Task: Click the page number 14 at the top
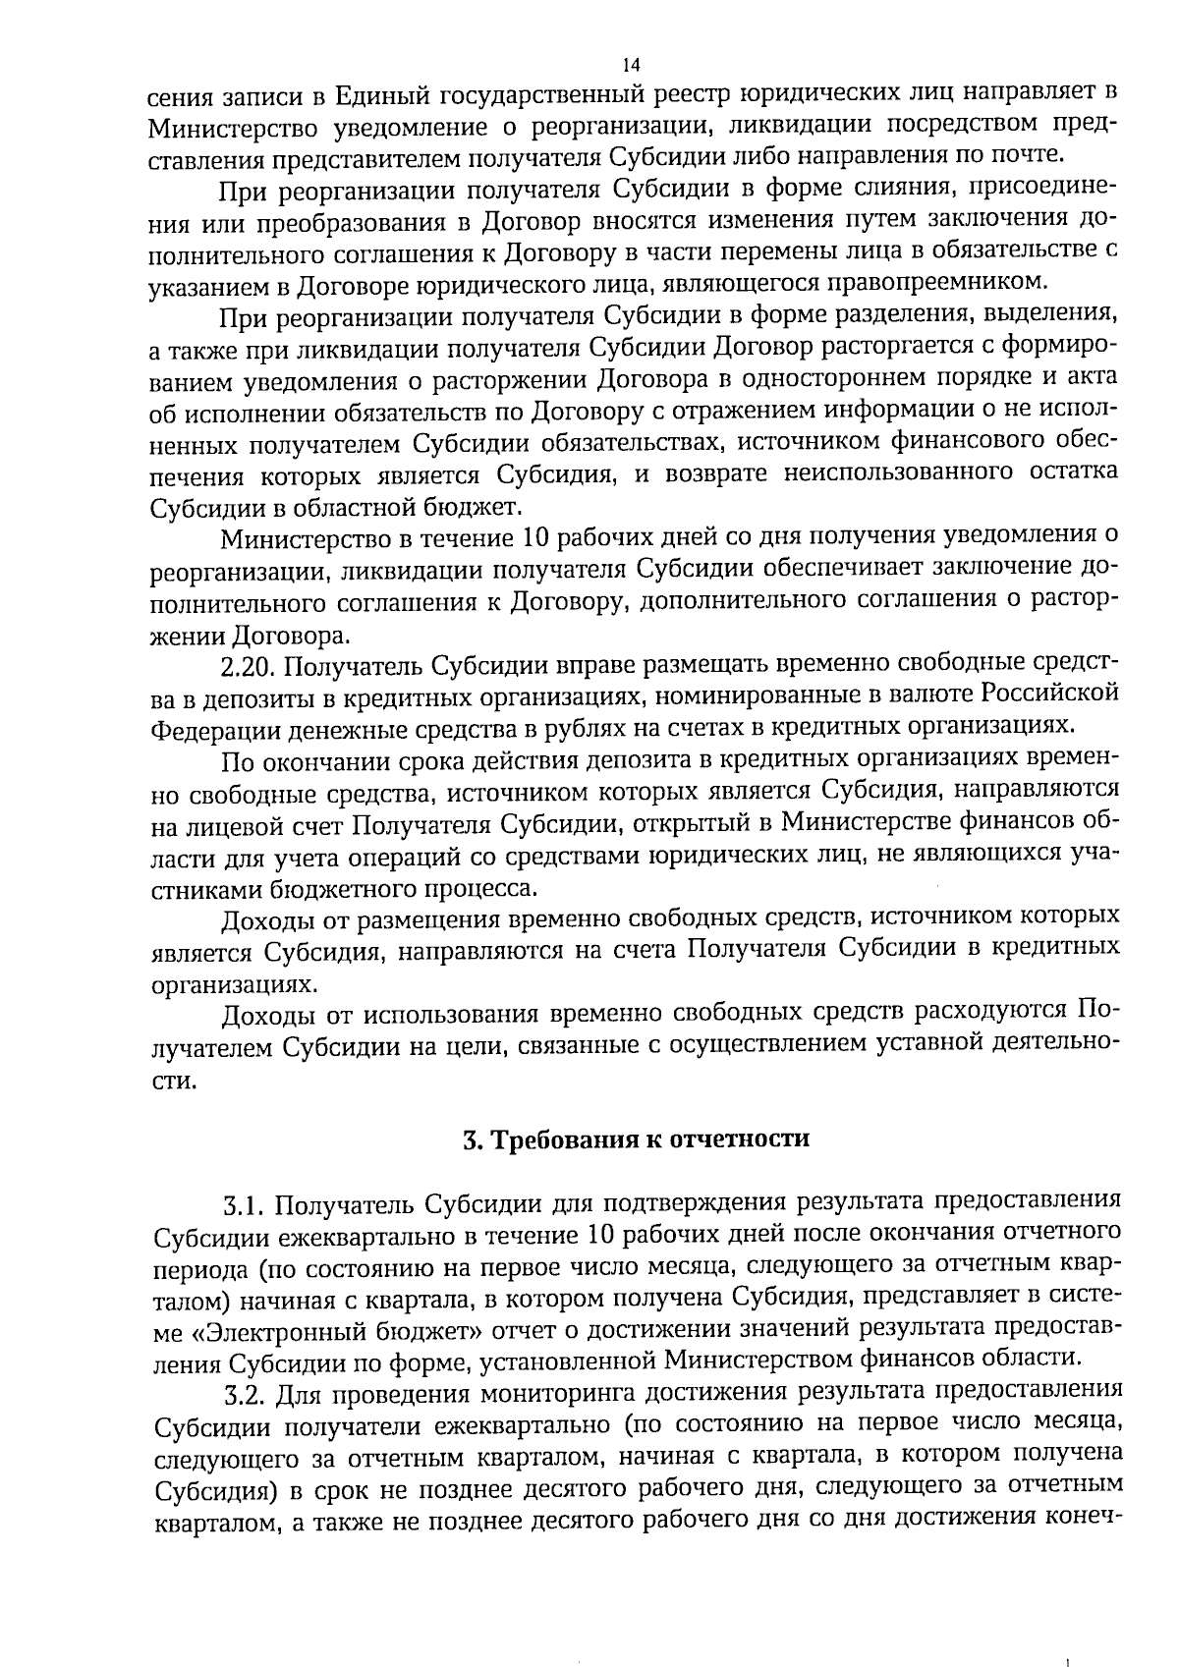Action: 631,65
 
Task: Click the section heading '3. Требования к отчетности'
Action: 636,1139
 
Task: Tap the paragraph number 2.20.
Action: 250,666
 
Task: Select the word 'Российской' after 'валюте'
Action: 1050,695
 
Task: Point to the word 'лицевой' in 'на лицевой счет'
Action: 232,825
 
